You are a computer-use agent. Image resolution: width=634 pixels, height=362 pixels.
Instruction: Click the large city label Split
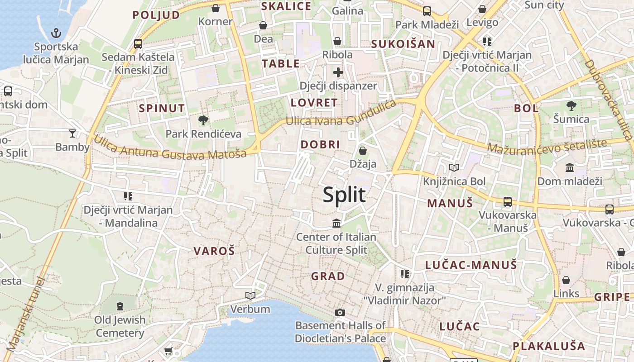coord(344,195)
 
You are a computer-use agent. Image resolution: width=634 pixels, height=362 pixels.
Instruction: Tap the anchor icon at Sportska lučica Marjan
coord(56,33)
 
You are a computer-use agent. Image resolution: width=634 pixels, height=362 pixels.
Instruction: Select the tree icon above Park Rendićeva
coord(203,120)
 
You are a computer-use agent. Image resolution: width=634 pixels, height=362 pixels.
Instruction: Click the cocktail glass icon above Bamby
coord(72,133)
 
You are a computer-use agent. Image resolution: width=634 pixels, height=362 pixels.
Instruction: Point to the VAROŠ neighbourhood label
coord(214,251)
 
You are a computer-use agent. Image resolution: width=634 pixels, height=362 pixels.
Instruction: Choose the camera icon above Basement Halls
coord(340,312)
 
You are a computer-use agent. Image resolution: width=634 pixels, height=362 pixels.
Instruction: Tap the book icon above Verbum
coord(250,296)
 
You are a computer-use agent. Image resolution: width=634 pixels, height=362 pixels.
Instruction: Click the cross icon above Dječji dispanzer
coord(338,72)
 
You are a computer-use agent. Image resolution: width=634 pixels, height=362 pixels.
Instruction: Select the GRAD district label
coord(328,276)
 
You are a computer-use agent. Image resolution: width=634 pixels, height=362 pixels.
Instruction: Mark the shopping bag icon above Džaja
coord(363,151)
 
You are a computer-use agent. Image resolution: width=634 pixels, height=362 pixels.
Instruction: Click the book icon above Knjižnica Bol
coord(454,168)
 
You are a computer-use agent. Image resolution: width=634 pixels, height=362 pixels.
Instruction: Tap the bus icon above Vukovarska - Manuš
coord(508,202)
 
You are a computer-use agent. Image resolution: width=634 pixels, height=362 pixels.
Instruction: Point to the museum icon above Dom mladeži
coord(570,168)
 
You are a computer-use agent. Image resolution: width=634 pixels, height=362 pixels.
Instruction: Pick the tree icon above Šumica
coord(571,106)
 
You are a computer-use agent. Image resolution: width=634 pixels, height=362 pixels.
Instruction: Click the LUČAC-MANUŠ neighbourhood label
coord(471,265)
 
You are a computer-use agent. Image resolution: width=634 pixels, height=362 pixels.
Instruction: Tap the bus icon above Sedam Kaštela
coord(138,44)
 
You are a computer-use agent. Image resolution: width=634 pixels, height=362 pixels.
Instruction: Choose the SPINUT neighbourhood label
coord(162,109)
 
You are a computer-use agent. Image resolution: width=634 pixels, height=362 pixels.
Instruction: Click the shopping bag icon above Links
coord(566,280)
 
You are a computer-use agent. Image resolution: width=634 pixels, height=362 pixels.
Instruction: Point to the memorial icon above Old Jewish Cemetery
coord(120,307)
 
